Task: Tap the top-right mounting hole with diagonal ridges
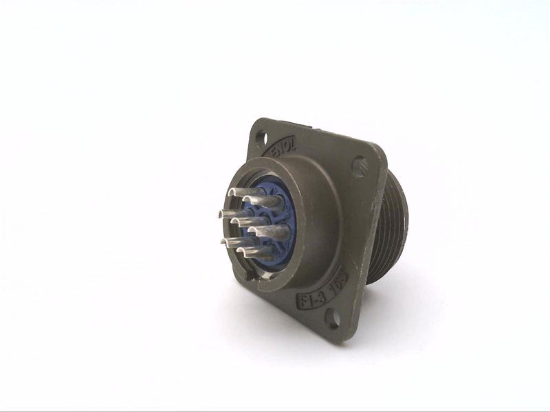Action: (360, 165)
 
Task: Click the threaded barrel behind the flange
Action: (392, 227)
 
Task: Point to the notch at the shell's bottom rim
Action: (255, 278)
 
